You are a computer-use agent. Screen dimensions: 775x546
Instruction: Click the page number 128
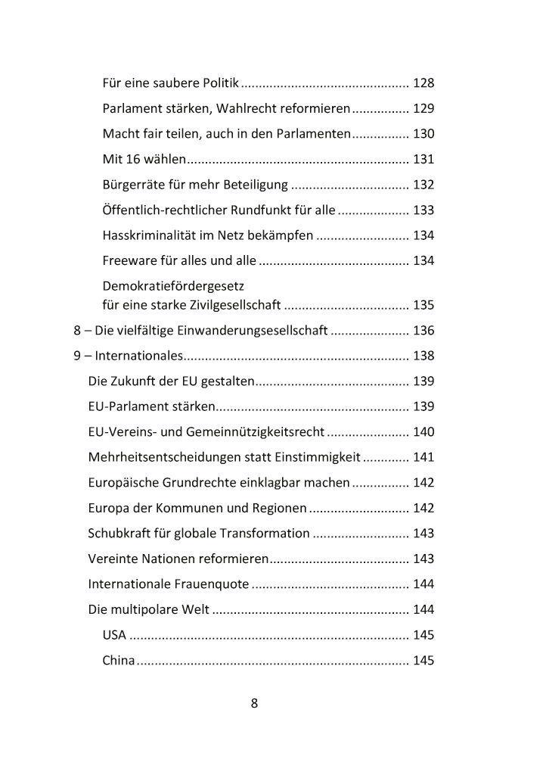(x=423, y=83)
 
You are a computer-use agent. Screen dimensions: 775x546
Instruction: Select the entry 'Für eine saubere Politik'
(x=170, y=83)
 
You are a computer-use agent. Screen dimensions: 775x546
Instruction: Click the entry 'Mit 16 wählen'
(x=144, y=159)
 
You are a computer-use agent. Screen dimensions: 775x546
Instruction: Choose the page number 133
(x=423, y=210)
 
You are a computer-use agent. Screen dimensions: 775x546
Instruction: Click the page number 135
(x=423, y=306)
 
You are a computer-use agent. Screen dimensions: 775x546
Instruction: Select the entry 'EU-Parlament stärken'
(x=151, y=406)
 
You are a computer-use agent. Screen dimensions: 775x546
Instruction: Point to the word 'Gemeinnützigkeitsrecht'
(x=259, y=432)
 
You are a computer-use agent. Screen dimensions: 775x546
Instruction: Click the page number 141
(x=423, y=457)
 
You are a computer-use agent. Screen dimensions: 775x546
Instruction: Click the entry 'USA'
(x=114, y=634)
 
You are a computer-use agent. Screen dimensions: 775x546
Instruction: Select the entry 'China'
(x=119, y=660)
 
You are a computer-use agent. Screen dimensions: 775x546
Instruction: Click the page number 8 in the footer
(x=254, y=702)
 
